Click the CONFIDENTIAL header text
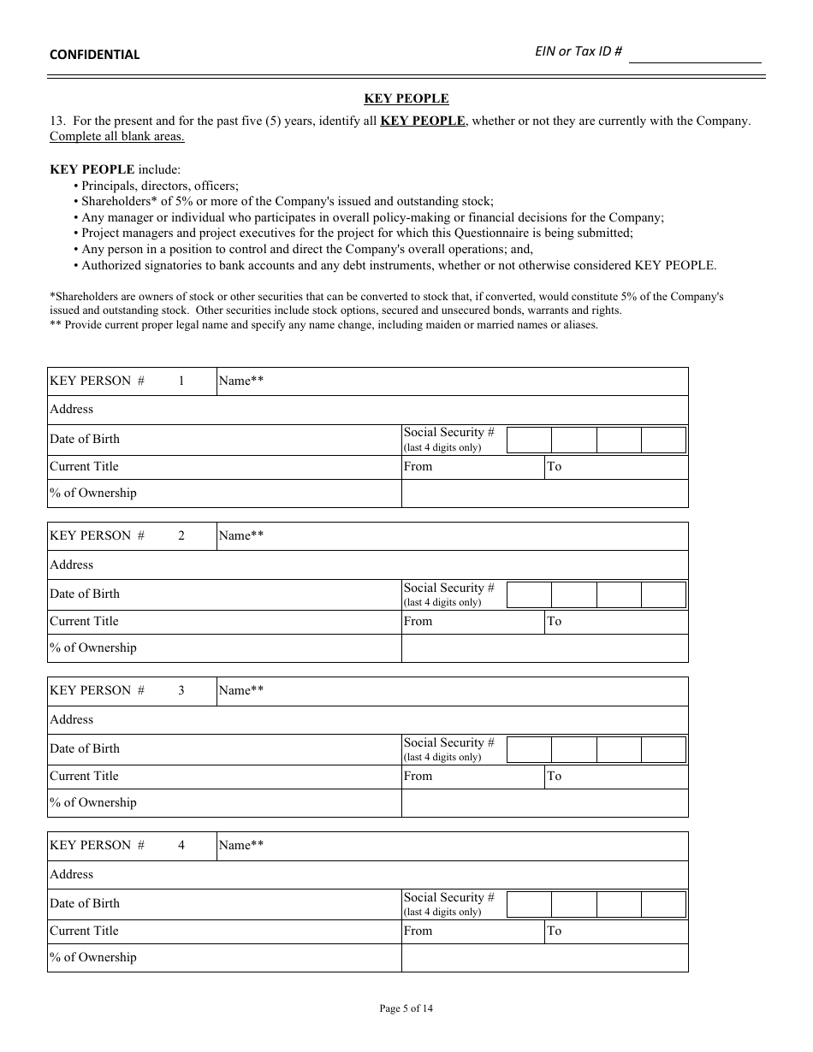pos(94,55)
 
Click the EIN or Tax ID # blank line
pos(694,54)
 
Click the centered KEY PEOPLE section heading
pos(406,98)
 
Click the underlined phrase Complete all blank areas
pos(116,136)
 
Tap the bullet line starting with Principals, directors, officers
pos(159,186)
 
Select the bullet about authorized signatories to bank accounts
pos(399,265)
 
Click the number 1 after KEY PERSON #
pos(181,381)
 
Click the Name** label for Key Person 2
pos(240,536)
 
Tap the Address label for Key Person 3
pos(72,719)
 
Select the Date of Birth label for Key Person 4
pos(85,903)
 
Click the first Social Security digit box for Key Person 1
pos(529,440)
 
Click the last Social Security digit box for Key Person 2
pos(663,594)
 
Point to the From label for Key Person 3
pos(418,776)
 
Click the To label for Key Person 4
pos(555,931)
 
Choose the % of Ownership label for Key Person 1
pos(93,493)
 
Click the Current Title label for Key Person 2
pos(84,621)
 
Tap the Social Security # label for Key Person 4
pos(448,897)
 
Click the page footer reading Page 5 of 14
pos(406,1008)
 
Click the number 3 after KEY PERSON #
pos(181,691)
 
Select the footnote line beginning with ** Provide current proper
pos(323,325)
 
